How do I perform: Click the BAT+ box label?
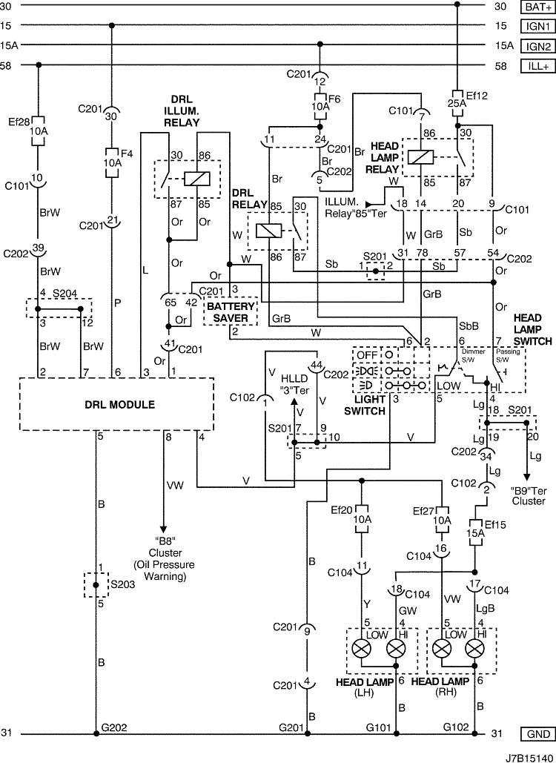coord(537,7)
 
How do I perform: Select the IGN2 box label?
coord(537,46)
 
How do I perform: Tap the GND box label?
coord(537,734)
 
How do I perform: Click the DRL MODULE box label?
coord(119,404)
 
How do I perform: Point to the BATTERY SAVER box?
coord(231,312)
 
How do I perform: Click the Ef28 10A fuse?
coord(38,131)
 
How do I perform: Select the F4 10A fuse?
coord(113,162)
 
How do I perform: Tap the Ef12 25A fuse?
coord(457,103)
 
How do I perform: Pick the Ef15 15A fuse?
coord(474,532)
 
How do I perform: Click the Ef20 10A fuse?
coord(362,519)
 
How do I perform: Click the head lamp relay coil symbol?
coord(420,157)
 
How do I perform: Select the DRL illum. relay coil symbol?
coord(197,179)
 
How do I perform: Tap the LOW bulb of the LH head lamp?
coord(362,648)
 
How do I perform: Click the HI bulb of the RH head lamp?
coord(474,648)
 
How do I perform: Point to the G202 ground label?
coord(114,727)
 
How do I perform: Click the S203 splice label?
coord(122,584)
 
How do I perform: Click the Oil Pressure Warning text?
coord(164,571)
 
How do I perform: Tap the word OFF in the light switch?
coord(367,354)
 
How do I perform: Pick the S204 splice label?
coord(64,294)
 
